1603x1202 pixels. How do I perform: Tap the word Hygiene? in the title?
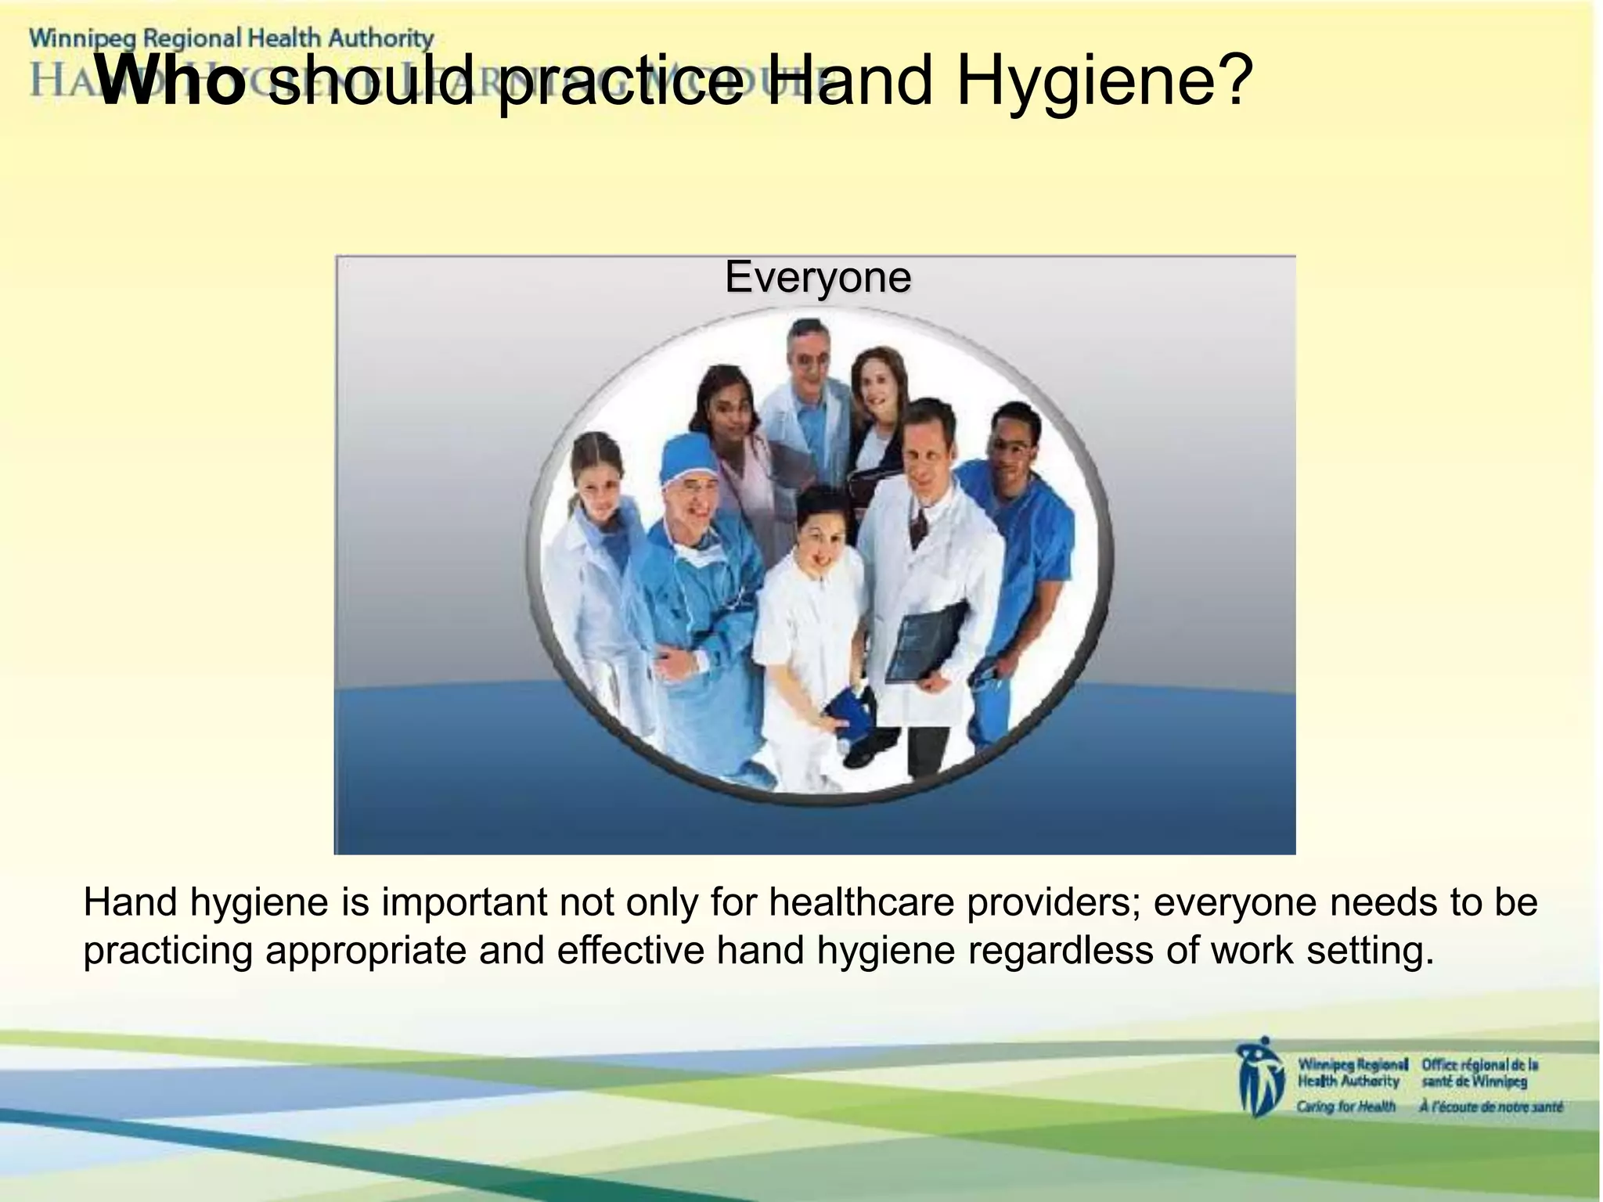point(1100,81)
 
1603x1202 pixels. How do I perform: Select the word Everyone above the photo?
point(817,276)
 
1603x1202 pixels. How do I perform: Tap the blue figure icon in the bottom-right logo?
point(1259,1078)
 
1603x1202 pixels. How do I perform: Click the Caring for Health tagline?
point(1346,1106)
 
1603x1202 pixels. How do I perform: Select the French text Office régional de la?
point(1479,1065)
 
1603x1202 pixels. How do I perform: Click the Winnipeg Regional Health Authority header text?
point(232,38)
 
